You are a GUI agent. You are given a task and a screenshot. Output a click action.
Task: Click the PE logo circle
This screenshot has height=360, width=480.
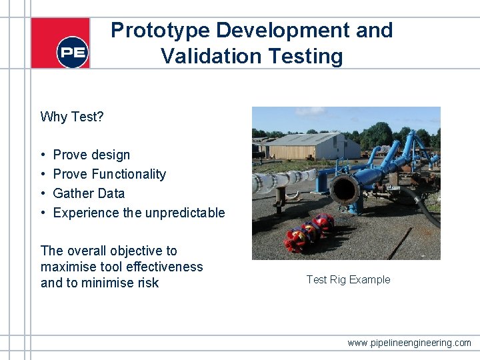click(72, 52)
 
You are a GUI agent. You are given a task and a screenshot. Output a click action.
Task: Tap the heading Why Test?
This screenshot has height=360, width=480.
click(72, 117)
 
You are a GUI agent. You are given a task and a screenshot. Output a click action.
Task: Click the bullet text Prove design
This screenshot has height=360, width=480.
click(91, 155)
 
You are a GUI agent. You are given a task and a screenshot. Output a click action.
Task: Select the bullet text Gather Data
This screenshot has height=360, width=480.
click(89, 193)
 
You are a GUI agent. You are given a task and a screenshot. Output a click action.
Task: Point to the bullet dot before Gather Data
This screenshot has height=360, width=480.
click(43, 193)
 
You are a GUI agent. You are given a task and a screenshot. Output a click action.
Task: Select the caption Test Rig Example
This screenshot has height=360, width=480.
click(348, 279)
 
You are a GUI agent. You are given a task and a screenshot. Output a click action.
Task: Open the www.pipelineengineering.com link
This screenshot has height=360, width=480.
click(409, 343)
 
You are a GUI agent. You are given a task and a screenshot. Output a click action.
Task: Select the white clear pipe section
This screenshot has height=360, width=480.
click(283, 181)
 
